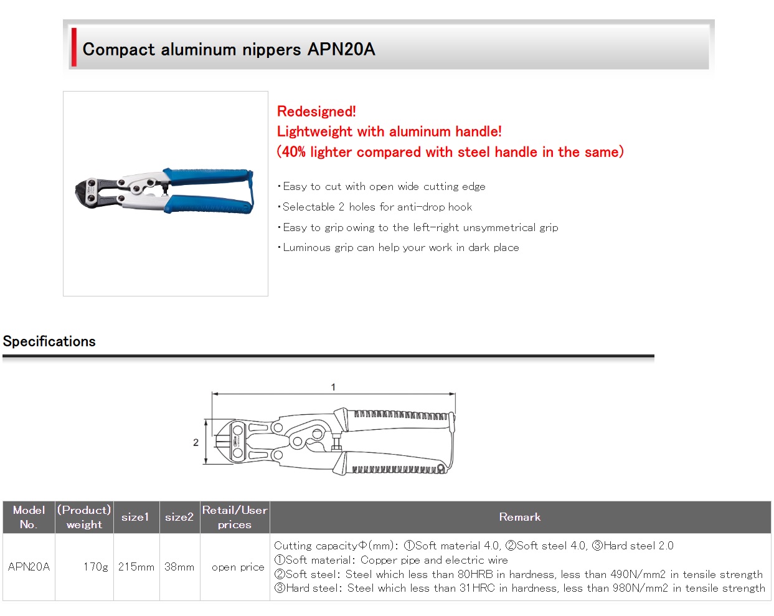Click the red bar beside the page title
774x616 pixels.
coord(74,47)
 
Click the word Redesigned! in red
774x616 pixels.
coord(316,111)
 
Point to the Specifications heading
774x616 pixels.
coord(49,341)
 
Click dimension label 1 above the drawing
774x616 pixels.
coord(333,387)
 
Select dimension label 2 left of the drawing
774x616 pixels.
coord(196,443)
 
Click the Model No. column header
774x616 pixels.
coord(29,517)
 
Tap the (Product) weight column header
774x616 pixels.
coord(84,517)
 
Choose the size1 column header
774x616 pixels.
coord(135,517)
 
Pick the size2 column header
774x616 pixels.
coord(179,517)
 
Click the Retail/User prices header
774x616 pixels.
coord(235,517)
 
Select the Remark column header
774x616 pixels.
coord(520,517)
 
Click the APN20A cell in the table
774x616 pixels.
coord(29,567)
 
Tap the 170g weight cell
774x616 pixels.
coord(96,567)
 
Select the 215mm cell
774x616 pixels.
coord(136,567)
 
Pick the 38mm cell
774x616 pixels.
coord(179,567)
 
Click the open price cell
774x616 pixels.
coord(238,567)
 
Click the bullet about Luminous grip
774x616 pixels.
coord(399,247)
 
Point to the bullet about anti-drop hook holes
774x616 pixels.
coord(375,207)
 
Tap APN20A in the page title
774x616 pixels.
coord(341,49)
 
